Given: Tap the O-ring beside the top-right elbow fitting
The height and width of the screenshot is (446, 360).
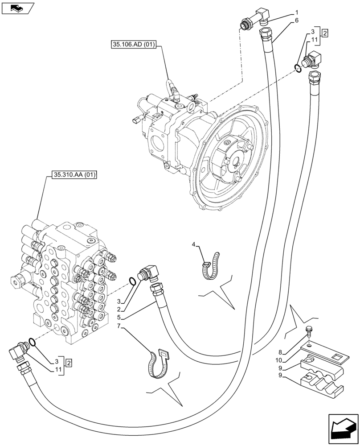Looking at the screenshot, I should pyautogui.click(x=298, y=67).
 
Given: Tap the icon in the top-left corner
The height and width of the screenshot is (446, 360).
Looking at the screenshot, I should pyautogui.click(x=17, y=8).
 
